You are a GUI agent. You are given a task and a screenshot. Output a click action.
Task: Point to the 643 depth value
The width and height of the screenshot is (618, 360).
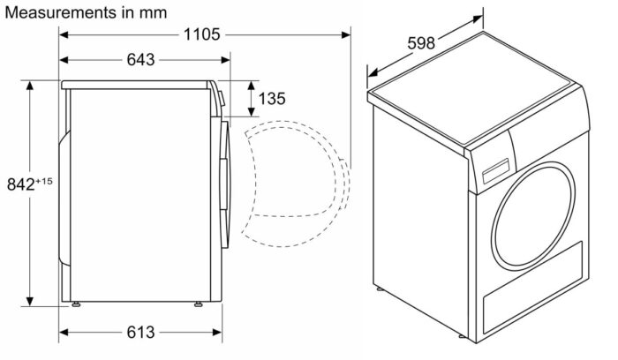[141, 60]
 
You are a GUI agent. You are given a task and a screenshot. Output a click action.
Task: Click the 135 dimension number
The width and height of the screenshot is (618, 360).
[274, 99]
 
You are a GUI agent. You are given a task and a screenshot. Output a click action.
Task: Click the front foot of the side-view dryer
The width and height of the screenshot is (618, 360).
[196, 306]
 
